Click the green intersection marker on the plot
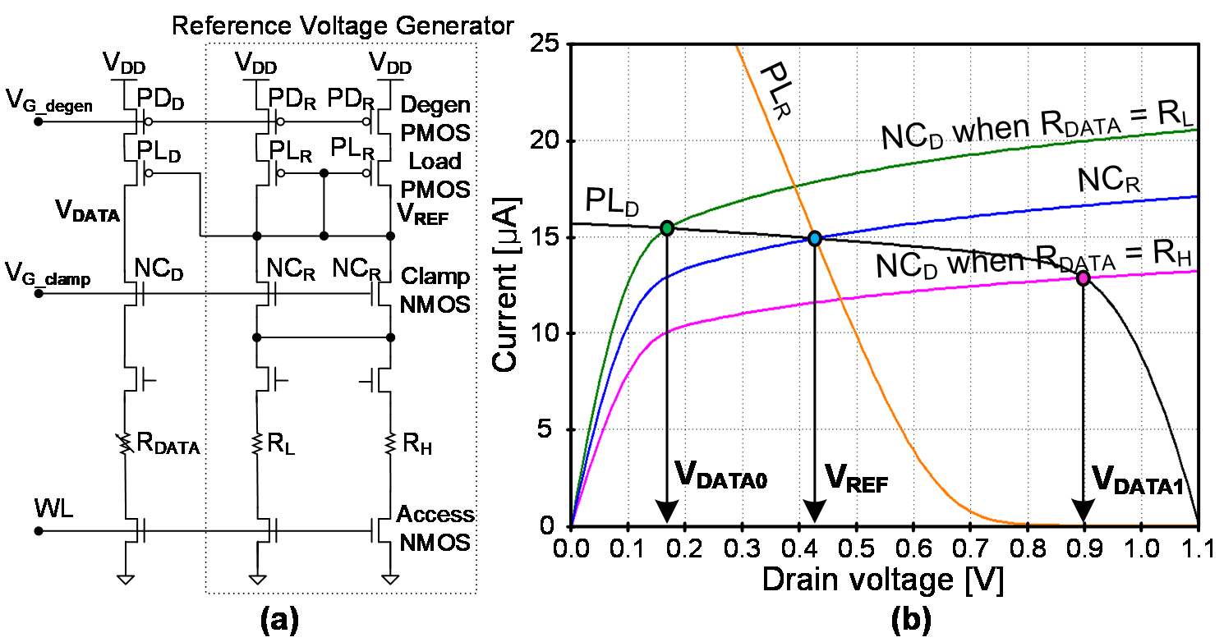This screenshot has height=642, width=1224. [667, 228]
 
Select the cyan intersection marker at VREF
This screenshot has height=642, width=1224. [815, 239]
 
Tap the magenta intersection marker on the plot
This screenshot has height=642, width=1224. [1083, 278]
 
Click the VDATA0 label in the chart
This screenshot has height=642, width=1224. [720, 475]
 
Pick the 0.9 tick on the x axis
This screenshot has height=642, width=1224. [1084, 548]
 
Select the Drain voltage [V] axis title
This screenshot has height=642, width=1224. [883, 580]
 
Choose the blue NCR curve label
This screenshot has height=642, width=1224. [1109, 180]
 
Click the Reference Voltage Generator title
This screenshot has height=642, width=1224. [343, 25]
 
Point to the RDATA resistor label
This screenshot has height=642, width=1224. [168, 444]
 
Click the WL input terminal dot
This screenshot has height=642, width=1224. [39, 530]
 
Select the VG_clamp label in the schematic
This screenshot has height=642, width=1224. [48, 274]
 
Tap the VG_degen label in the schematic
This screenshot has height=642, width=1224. [49, 102]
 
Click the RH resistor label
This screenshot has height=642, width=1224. [417, 444]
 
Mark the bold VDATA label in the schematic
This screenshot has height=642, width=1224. [87, 212]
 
